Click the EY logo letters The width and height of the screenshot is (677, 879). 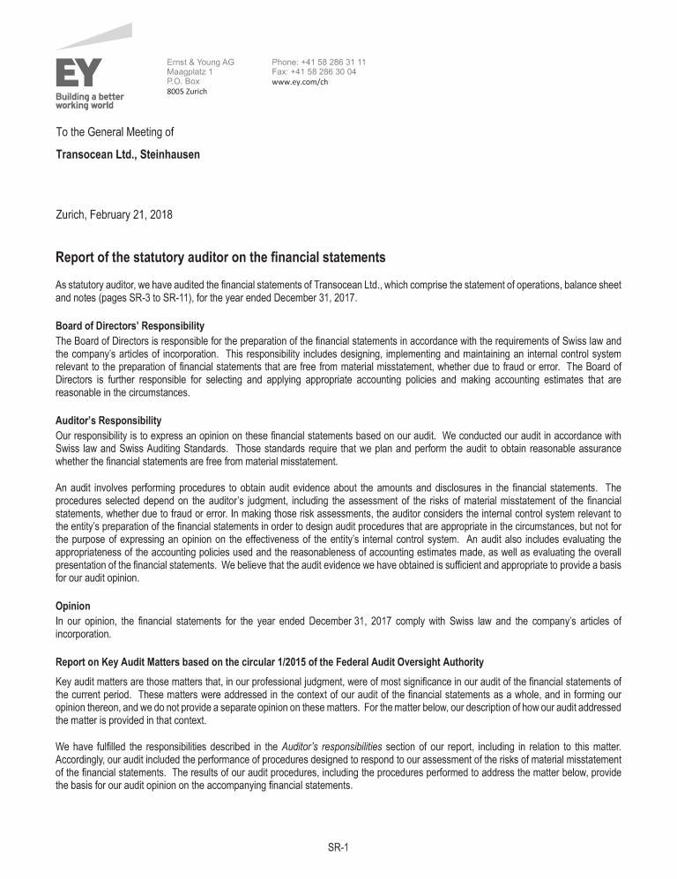tap(78, 72)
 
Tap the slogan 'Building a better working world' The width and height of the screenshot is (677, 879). tap(90, 101)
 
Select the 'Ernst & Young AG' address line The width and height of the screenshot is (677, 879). tap(200, 62)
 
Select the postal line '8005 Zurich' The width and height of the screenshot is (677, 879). tap(187, 91)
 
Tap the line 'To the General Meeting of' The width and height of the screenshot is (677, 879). tap(115, 132)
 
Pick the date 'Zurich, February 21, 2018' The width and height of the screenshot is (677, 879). tap(115, 214)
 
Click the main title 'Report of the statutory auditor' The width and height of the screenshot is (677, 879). tap(220, 257)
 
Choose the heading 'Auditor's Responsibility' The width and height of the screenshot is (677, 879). tap(108, 421)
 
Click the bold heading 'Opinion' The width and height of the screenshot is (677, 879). tap(73, 607)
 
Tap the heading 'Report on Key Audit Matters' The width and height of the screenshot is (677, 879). tap(269, 661)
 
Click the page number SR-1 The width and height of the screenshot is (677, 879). tap(338, 847)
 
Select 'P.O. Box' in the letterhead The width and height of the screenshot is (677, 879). tap(183, 81)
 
